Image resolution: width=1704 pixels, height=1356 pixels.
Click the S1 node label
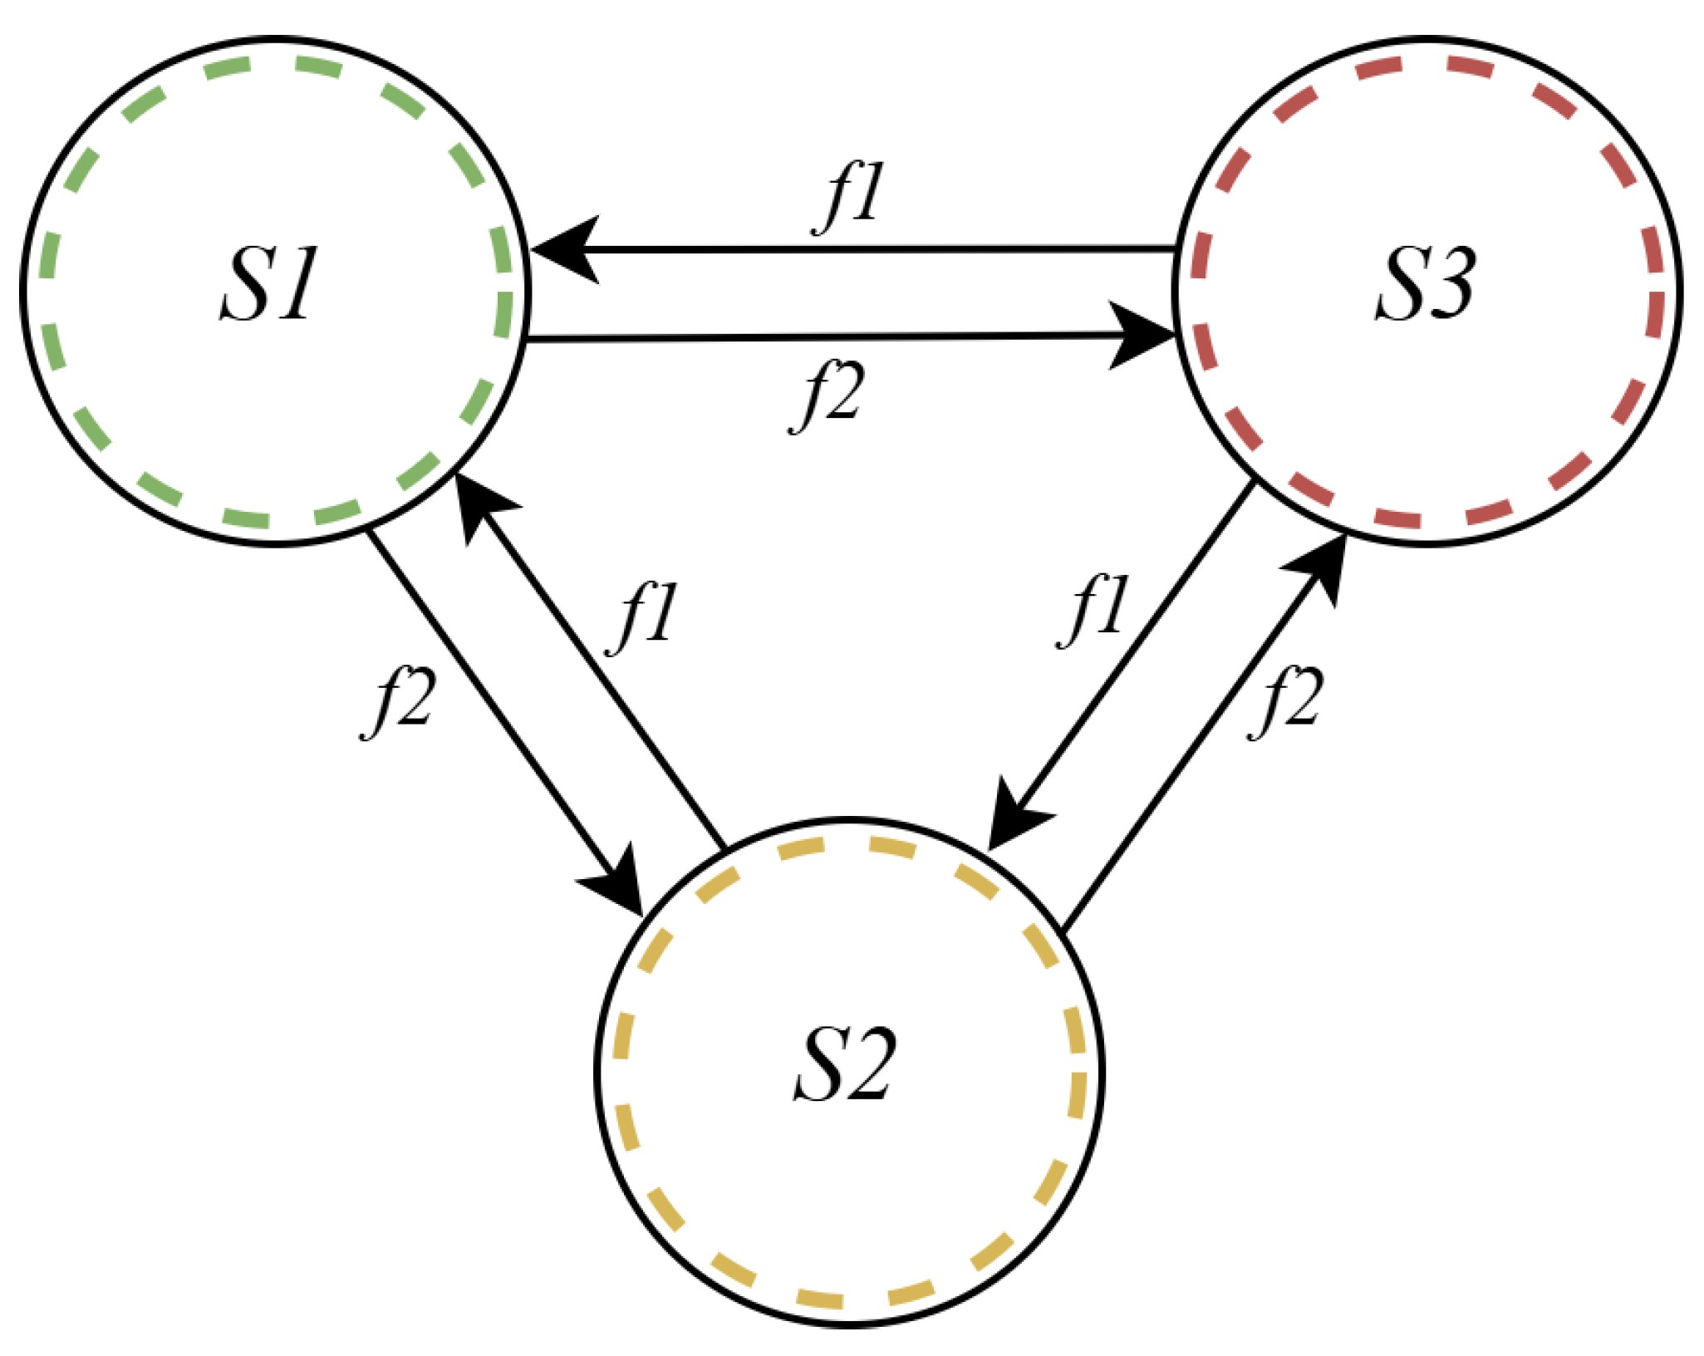pos(268,285)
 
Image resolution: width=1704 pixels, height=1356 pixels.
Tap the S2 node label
pos(844,1065)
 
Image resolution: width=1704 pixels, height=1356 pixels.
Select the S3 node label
pos(1424,285)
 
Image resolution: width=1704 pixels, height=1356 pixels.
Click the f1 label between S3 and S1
pos(849,197)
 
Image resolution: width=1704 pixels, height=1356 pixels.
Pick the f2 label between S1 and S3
pos(827,395)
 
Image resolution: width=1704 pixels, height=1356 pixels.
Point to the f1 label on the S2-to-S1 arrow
pos(643,617)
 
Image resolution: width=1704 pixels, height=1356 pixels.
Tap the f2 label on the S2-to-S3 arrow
pos(1285,702)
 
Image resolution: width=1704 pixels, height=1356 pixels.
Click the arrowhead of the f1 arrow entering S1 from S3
pos(565,249)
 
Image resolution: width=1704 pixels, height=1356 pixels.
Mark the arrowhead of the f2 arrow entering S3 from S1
pos(1142,336)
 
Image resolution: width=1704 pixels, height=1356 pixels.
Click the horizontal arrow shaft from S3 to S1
pos(872,248)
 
